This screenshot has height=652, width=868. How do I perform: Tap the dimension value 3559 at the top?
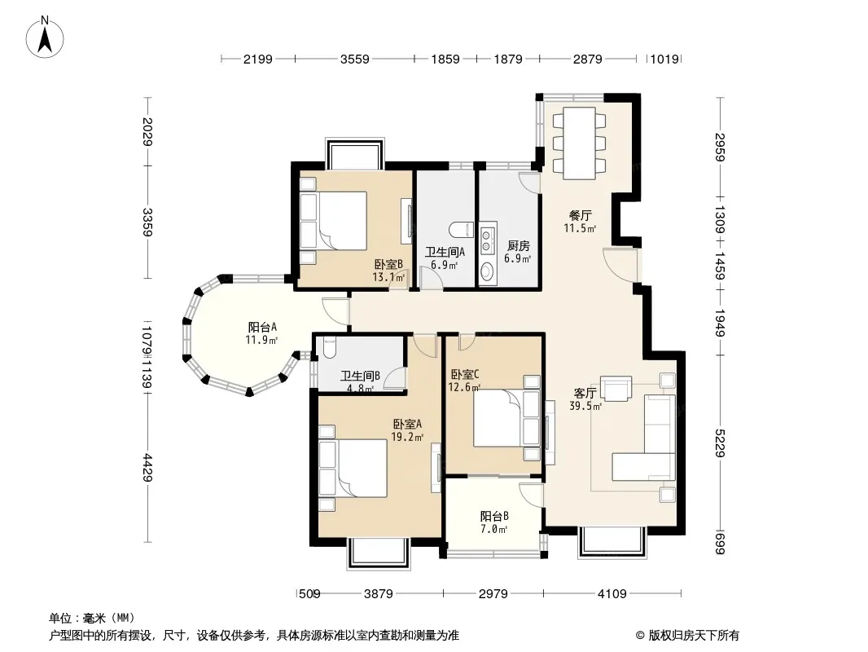click(x=354, y=59)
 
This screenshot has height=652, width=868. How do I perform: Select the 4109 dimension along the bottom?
click(x=612, y=594)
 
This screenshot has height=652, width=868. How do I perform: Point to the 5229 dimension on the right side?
click(x=720, y=443)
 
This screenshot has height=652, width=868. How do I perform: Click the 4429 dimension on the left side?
click(x=147, y=467)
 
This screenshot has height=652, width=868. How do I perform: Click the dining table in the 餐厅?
click(x=579, y=143)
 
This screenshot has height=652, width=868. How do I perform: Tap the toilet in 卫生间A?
click(x=461, y=229)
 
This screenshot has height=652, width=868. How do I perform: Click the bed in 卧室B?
click(x=333, y=221)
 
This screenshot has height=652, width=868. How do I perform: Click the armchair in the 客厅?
click(x=616, y=388)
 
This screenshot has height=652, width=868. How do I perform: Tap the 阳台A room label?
click(x=262, y=327)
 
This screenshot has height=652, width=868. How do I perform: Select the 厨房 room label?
click(x=518, y=246)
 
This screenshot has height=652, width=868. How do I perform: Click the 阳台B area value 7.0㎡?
click(x=493, y=529)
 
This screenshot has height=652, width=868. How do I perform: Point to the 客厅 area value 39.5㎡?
click(x=585, y=406)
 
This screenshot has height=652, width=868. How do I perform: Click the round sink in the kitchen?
click(x=487, y=271)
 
